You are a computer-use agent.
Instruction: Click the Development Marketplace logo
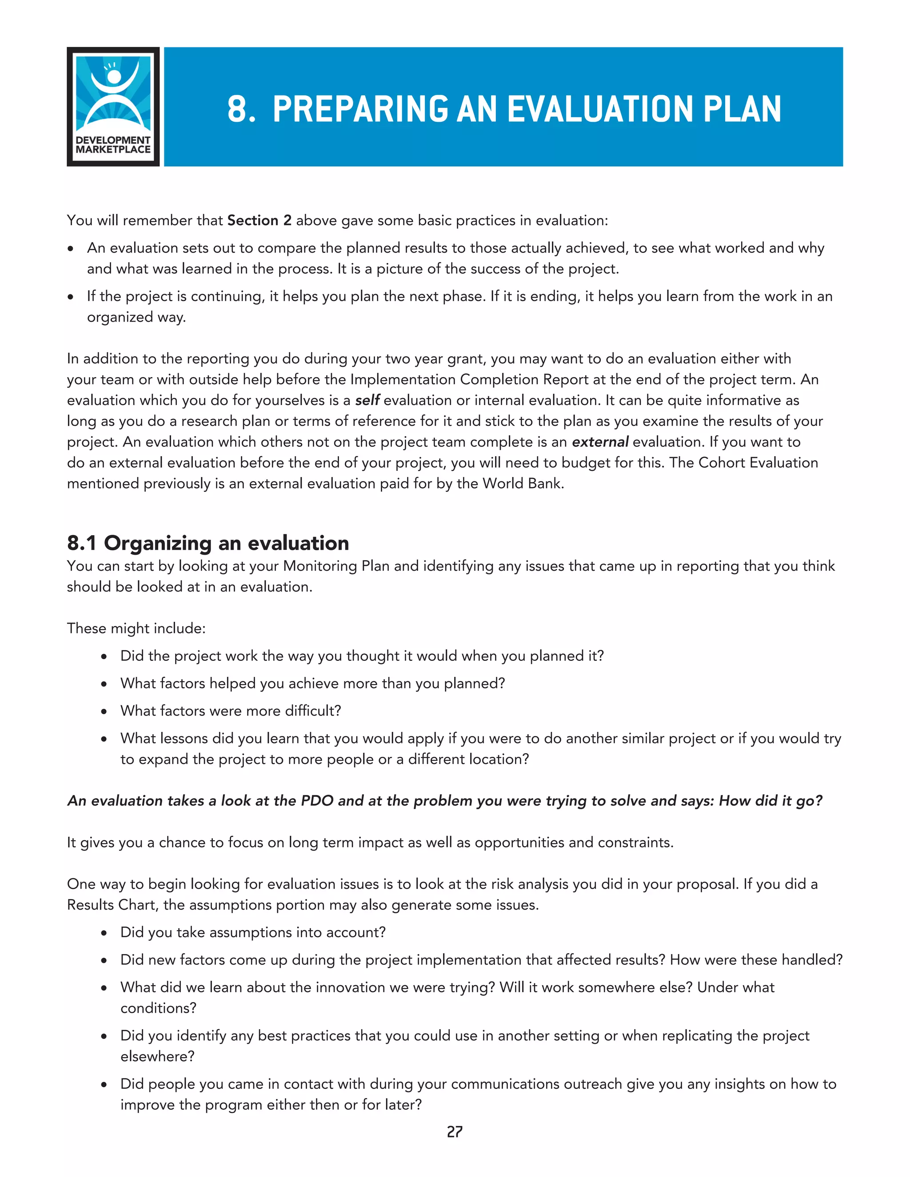click(113, 107)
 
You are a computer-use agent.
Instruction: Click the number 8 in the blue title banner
click(237, 109)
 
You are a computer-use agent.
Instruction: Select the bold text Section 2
click(259, 220)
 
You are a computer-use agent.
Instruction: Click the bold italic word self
click(367, 401)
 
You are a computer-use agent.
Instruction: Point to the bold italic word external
click(599, 442)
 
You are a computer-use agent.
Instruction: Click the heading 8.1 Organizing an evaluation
click(208, 543)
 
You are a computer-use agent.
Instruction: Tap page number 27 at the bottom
click(455, 1132)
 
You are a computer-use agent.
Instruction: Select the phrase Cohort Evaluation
click(758, 463)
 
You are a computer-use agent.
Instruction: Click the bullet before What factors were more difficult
click(104, 712)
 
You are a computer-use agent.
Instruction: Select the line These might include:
click(136, 628)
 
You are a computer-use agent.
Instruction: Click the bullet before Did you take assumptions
click(104, 934)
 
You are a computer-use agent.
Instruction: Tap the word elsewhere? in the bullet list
click(157, 1056)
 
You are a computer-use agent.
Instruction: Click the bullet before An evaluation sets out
click(71, 249)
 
